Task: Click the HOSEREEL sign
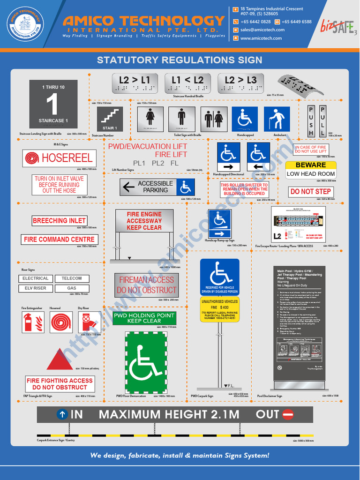coord(60,158)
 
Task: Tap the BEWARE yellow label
coord(311,165)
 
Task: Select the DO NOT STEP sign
coord(310,192)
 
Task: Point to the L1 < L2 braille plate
coord(187,82)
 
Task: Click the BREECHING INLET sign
coord(60,220)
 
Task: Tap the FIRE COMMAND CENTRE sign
coord(60,240)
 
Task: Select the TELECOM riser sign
coord(72,278)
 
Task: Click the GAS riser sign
coord(72,288)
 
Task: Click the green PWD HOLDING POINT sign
coord(144,318)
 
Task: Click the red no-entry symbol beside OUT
coord(288,414)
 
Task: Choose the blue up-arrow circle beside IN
coord(62,414)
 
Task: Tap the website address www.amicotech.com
coord(261,38)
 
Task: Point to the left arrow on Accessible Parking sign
coord(129,187)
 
